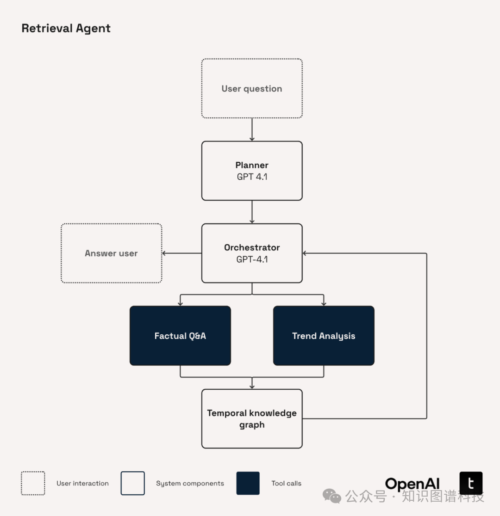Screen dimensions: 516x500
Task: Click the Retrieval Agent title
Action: click(x=66, y=28)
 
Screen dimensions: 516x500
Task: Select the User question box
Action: click(x=252, y=88)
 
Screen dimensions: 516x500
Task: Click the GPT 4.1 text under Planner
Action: click(x=252, y=177)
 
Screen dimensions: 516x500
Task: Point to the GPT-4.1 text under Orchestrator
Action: click(x=252, y=259)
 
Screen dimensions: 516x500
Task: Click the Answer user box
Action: click(x=111, y=253)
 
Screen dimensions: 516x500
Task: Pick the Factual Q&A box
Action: click(x=180, y=336)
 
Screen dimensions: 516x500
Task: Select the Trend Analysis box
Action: click(x=324, y=336)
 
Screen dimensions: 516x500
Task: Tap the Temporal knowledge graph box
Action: click(x=252, y=418)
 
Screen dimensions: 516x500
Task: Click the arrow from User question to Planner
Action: click(x=252, y=130)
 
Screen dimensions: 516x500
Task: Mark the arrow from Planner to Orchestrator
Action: click(x=252, y=212)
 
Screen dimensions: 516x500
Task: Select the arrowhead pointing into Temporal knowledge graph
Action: click(x=252, y=386)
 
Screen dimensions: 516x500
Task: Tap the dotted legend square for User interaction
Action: click(x=33, y=483)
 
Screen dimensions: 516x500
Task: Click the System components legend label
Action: click(x=190, y=484)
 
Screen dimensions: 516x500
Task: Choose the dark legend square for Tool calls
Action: click(x=248, y=483)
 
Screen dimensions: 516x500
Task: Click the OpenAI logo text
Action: click(x=412, y=484)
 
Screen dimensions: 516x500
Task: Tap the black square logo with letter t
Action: click(x=471, y=483)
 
